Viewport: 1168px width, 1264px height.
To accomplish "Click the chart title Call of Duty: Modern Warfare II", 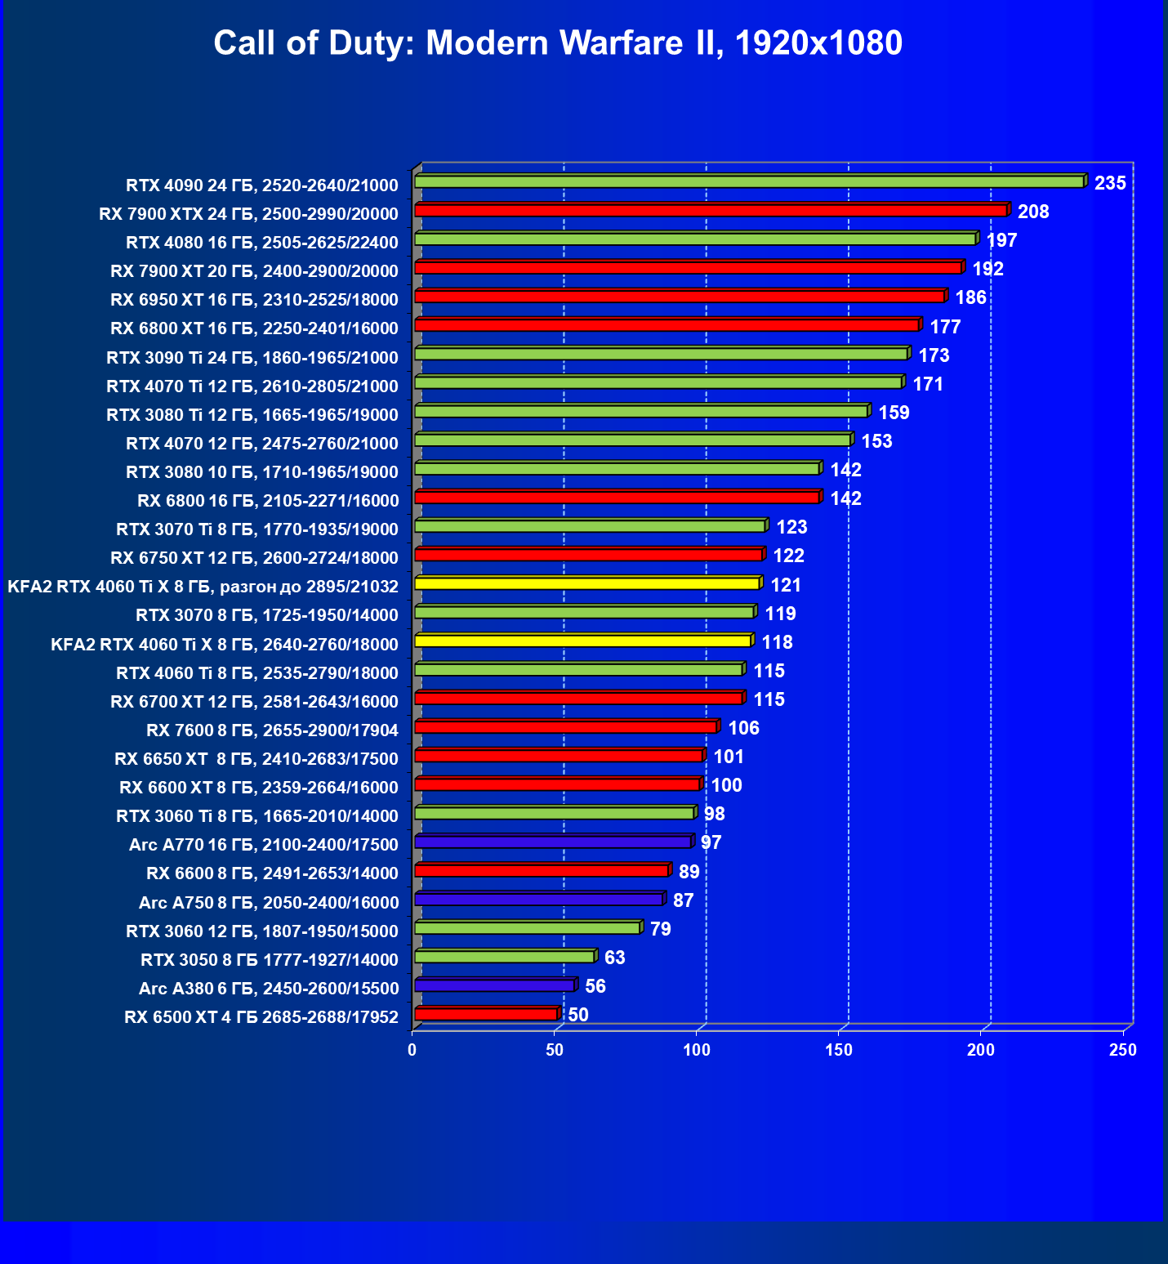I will [x=558, y=42].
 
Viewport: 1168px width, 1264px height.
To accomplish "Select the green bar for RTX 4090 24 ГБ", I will [x=749, y=181].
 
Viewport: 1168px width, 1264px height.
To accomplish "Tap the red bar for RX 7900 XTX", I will [x=711, y=211].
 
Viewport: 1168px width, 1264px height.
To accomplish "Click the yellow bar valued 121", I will [x=586, y=583].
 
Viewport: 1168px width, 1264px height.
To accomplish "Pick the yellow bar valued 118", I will [x=582, y=641].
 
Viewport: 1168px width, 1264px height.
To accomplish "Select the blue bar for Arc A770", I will [x=553, y=842].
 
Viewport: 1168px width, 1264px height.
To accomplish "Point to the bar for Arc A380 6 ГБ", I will [x=494, y=985].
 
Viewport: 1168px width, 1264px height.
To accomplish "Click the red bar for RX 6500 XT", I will [x=486, y=1014].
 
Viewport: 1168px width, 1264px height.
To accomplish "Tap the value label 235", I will [x=1110, y=183].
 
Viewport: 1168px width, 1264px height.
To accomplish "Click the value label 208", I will [x=1033, y=212].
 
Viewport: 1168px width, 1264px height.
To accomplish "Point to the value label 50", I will [x=578, y=1015].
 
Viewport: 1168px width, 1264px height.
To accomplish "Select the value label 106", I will [x=743, y=728].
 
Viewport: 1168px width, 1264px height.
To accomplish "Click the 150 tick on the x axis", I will [x=839, y=1050].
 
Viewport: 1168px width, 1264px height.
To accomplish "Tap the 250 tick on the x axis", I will [x=1123, y=1050].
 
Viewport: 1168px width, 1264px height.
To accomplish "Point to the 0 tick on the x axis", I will [x=412, y=1050].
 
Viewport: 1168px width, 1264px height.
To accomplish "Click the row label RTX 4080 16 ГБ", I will [x=262, y=243].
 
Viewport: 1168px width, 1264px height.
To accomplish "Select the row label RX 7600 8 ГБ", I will [x=272, y=730].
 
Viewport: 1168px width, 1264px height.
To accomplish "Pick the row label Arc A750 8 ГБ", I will [x=269, y=903].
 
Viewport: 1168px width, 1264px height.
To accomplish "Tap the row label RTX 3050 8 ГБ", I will [x=270, y=960].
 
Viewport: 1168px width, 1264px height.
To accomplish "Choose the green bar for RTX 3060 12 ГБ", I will [x=527, y=928].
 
